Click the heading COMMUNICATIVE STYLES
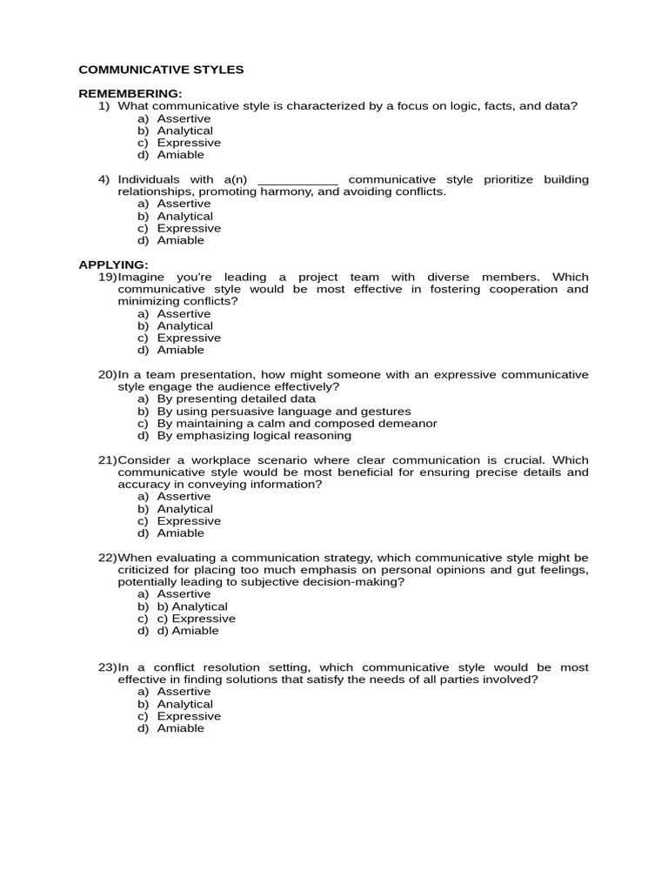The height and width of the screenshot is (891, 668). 161,70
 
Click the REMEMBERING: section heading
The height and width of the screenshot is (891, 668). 130,93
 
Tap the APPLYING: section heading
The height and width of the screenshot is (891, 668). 114,265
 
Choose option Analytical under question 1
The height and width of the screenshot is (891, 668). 184,131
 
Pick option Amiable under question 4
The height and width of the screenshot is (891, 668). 180,240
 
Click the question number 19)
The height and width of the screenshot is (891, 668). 107,277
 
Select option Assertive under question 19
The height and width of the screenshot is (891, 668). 184,313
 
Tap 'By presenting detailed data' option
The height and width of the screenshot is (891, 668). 236,399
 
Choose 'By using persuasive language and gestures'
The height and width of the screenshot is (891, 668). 284,411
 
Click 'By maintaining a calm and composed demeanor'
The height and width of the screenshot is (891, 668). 297,423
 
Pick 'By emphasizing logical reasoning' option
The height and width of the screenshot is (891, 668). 254,435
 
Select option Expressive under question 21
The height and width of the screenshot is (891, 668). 189,520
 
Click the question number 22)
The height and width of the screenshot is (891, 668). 107,557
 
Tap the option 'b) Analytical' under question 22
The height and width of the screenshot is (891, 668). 192,606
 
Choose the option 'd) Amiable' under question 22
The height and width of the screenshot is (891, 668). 188,631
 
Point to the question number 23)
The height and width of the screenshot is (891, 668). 107,667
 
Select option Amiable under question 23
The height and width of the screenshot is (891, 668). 180,728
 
